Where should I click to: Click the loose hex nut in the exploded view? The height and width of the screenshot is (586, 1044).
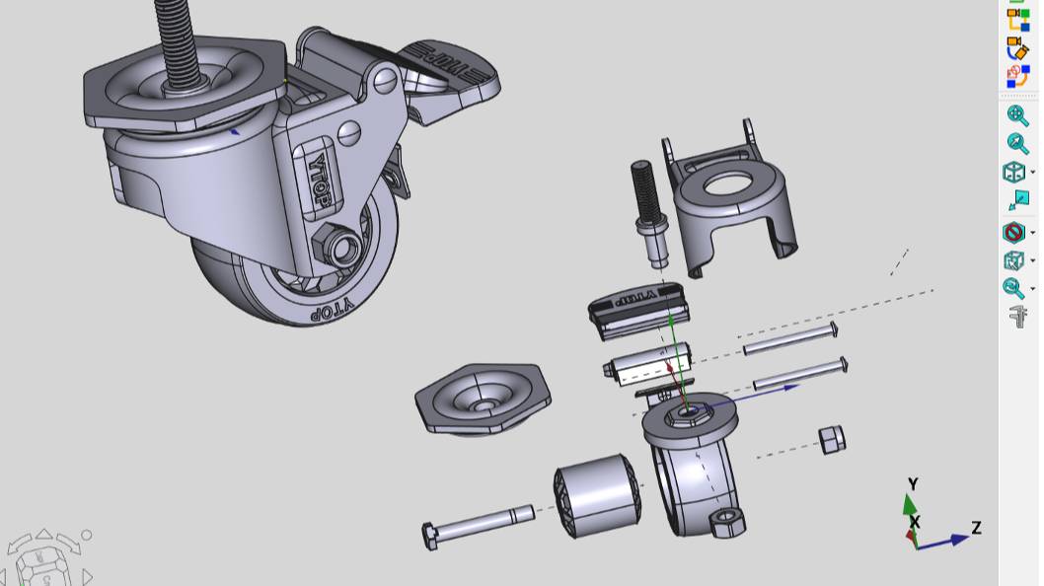click(831, 440)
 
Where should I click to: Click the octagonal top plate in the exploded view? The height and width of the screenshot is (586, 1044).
click(483, 398)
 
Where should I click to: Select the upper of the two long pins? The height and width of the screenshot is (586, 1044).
click(789, 338)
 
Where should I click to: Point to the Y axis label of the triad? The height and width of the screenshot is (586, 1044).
click(913, 484)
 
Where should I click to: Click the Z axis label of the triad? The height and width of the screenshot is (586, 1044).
click(976, 528)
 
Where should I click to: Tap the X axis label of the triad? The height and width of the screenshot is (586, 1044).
click(915, 522)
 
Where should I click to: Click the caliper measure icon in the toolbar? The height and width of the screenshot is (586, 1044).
click(1017, 317)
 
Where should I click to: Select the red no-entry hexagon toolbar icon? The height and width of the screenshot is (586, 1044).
click(1013, 233)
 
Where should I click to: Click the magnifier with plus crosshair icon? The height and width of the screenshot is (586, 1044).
click(1016, 115)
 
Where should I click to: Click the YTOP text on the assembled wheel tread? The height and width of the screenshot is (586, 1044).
click(332, 311)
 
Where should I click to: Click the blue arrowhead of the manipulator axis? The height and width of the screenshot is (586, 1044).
click(790, 388)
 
